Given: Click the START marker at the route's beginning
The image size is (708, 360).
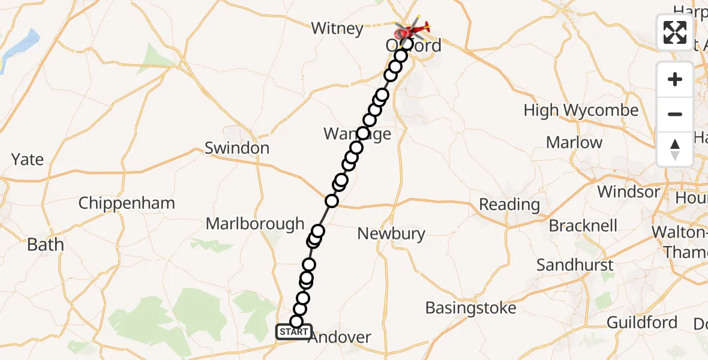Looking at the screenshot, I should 294,332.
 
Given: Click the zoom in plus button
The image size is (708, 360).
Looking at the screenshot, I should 675,80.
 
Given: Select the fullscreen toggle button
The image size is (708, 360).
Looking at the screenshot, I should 675,32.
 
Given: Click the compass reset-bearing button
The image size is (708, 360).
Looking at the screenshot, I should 675,149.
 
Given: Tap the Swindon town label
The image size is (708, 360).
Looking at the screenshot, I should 237,148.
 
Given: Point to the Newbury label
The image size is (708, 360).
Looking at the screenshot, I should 391,233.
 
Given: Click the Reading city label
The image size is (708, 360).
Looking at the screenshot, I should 509,205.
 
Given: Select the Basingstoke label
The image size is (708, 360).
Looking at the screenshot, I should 471,308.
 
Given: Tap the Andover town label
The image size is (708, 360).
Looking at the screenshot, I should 340,337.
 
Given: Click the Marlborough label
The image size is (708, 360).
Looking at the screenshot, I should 255,224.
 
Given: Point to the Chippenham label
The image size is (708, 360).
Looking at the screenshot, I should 127,203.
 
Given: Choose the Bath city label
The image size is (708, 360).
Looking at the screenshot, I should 45,245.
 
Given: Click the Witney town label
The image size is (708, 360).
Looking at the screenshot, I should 337,29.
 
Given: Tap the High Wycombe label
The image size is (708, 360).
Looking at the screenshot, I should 581,110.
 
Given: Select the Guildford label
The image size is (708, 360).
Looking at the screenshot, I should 642,322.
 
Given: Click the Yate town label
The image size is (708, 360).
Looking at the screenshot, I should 28,160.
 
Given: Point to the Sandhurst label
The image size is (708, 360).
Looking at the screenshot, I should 575,265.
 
